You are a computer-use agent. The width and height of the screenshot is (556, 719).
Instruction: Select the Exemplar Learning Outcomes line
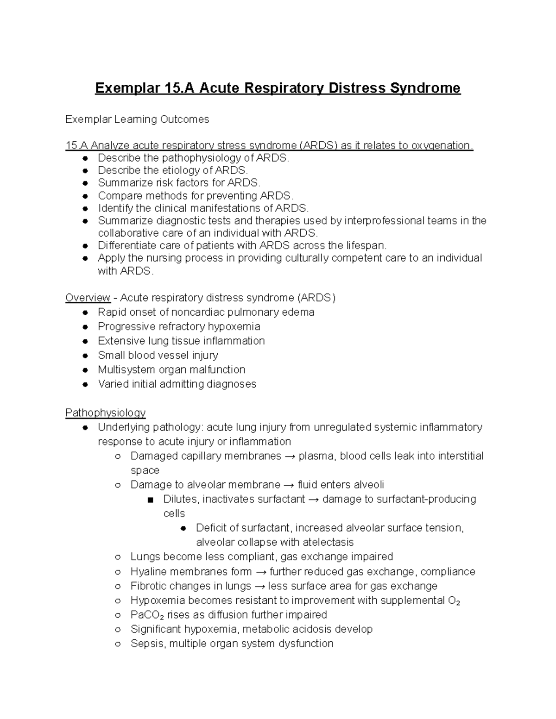(x=137, y=119)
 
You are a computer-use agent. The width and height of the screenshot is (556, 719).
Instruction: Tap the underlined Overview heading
(x=88, y=297)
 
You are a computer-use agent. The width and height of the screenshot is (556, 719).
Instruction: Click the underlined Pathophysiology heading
(x=105, y=413)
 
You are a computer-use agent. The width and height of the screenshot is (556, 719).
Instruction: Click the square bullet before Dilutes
(x=149, y=500)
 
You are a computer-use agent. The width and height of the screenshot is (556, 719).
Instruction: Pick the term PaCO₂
(x=147, y=615)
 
